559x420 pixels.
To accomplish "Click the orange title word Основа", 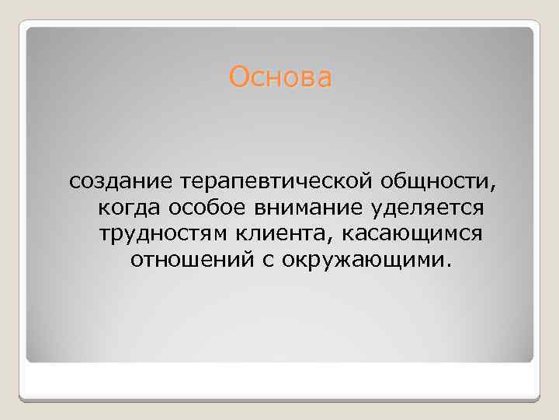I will pyautogui.click(x=280, y=78).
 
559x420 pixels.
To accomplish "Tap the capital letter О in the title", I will pyautogui.click(x=238, y=78).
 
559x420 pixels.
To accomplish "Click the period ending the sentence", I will pyautogui.click(x=446, y=263).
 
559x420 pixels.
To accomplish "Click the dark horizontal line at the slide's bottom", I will pyautogui.click(x=279, y=400).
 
